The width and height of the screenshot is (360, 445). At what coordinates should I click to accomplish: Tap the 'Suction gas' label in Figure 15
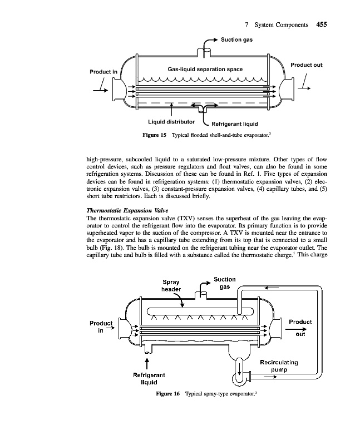pyautogui.click(x=238, y=39)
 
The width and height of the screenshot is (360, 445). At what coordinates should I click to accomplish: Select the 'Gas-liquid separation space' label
pyautogui.click(x=205, y=69)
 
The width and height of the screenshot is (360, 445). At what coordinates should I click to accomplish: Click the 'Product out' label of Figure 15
pyautogui.click(x=306, y=65)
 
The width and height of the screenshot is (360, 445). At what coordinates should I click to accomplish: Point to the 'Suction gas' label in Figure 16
pyautogui.click(x=224, y=283)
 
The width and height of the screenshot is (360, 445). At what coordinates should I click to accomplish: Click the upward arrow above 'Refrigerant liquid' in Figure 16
pyautogui.click(x=147, y=363)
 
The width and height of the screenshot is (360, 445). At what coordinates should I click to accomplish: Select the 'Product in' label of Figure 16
pyautogui.click(x=101, y=326)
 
